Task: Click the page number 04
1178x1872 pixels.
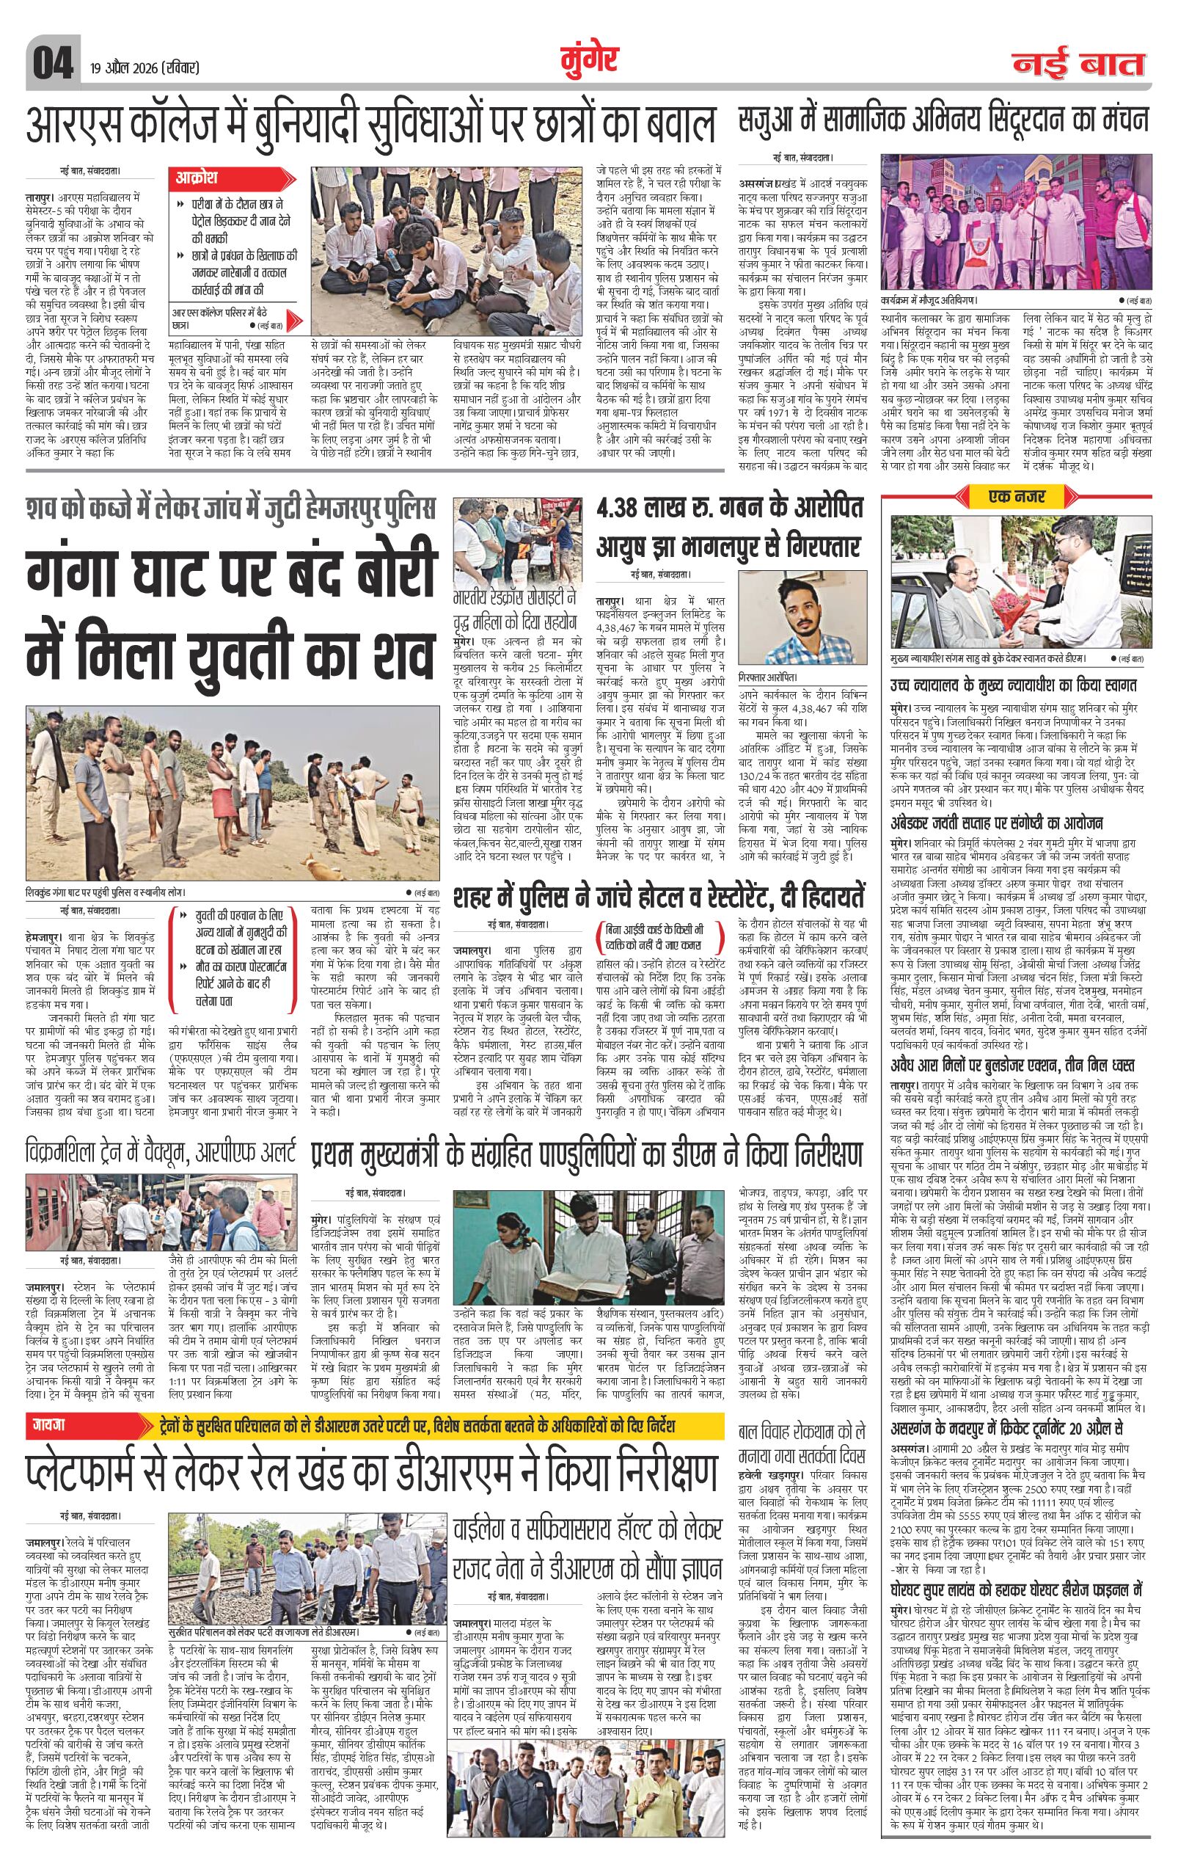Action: click(52, 62)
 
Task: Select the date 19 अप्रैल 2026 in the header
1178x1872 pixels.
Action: click(144, 68)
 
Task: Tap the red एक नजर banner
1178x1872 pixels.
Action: click(1016, 495)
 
